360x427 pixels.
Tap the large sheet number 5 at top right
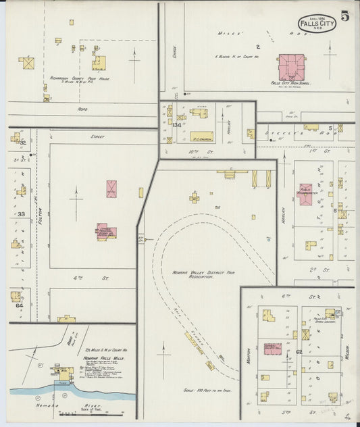(344, 16)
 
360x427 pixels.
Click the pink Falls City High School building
(292, 68)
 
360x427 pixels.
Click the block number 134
(177, 125)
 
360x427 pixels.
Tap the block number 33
(22, 214)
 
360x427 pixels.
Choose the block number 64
(20, 306)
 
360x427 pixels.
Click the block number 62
(299, 351)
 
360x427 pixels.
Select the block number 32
(22, 143)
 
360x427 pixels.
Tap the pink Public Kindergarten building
(305, 193)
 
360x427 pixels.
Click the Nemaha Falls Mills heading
(99, 358)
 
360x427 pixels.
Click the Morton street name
(249, 355)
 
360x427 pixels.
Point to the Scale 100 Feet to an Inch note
(206, 391)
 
